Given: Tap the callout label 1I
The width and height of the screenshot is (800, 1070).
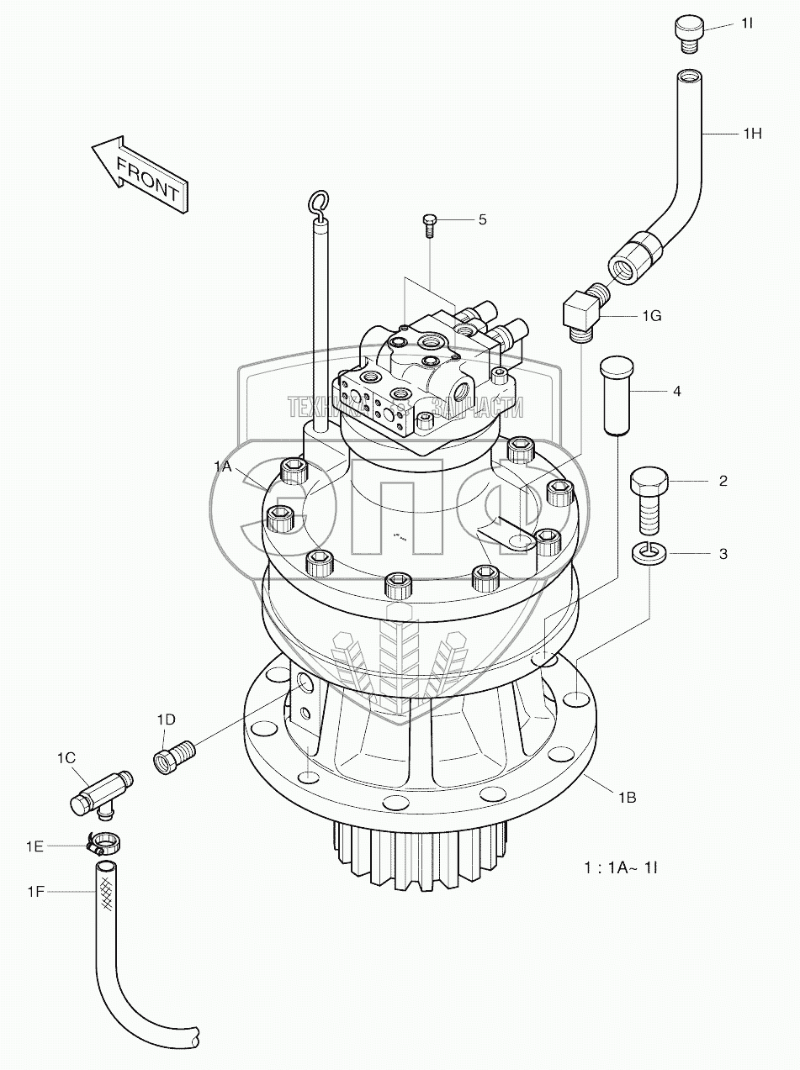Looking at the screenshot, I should click(746, 24).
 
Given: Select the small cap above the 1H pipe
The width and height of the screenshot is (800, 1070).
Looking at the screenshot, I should click(687, 35).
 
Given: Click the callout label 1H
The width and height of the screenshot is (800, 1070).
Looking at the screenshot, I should click(752, 133).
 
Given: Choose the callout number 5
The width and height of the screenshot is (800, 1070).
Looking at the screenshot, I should click(482, 219).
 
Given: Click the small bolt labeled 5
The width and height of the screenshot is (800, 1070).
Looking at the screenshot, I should click(429, 224).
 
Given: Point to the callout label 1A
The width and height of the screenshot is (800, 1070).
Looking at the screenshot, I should click(222, 466).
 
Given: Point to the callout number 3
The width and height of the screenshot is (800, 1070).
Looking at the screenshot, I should click(723, 554).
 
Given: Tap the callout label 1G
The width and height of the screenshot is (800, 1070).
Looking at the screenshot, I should click(652, 316).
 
